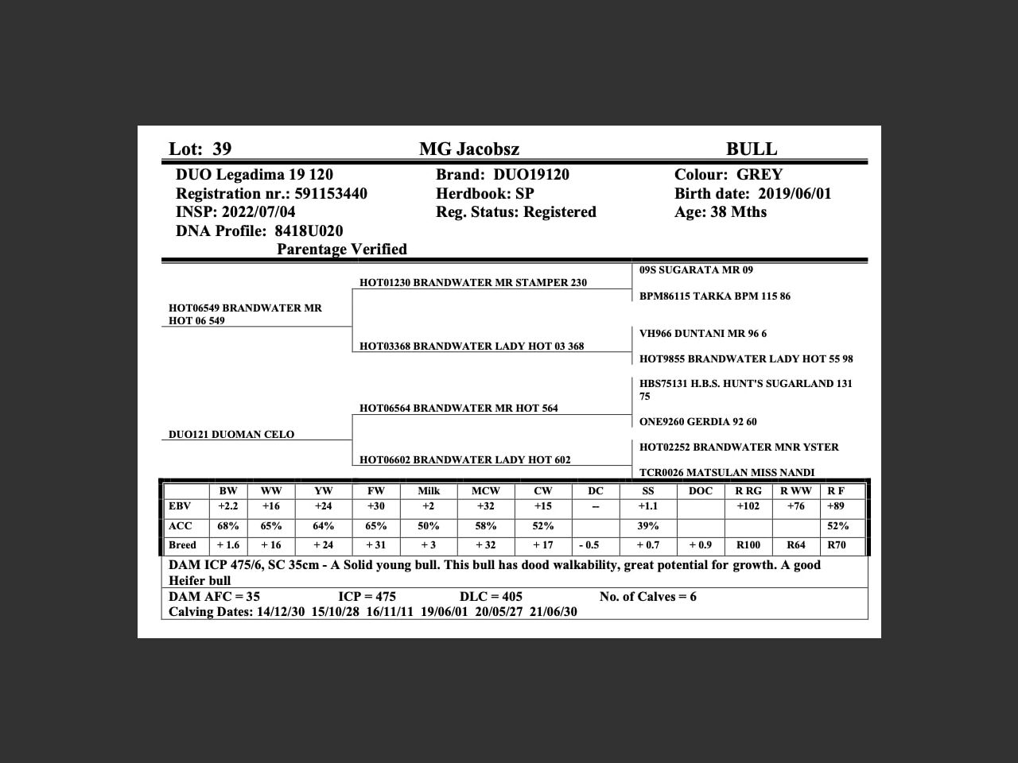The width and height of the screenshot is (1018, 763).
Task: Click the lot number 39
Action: pyautogui.click(x=222, y=149)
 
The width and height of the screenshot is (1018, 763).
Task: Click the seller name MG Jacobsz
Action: pyautogui.click(x=469, y=149)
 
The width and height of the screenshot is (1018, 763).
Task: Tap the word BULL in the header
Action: pyautogui.click(x=751, y=149)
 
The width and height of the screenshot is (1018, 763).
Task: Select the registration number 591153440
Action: pyautogui.click(x=331, y=194)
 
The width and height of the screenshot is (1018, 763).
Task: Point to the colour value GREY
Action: pyautogui.click(x=760, y=175)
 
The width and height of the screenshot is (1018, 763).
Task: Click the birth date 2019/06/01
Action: pyautogui.click(x=795, y=194)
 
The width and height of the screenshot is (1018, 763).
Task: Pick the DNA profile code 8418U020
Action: pyautogui.click(x=309, y=231)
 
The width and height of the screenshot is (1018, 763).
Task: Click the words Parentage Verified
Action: pyautogui.click(x=342, y=250)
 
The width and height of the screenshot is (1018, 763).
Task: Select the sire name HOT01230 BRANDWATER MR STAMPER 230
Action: pyautogui.click(x=473, y=283)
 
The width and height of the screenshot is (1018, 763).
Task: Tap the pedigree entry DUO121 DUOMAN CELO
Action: pyautogui.click(x=231, y=435)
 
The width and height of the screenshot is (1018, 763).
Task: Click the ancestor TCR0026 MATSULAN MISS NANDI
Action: pyautogui.click(x=727, y=473)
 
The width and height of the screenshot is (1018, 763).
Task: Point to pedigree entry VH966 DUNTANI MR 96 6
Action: pyautogui.click(x=703, y=334)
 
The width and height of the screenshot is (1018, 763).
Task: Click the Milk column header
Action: pyautogui.click(x=429, y=491)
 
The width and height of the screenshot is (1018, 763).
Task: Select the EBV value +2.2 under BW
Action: pyautogui.click(x=228, y=506)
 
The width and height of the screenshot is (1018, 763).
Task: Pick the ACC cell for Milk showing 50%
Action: pyautogui.click(x=429, y=526)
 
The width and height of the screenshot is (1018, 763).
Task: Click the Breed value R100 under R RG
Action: pyautogui.click(x=748, y=545)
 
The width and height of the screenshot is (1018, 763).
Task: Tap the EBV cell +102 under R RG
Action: pyautogui.click(x=748, y=506)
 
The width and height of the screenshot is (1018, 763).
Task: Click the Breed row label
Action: pyautogui.click(x=182, y=545)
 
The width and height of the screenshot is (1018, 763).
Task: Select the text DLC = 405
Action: pyautogui.click(x=491, y=597)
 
